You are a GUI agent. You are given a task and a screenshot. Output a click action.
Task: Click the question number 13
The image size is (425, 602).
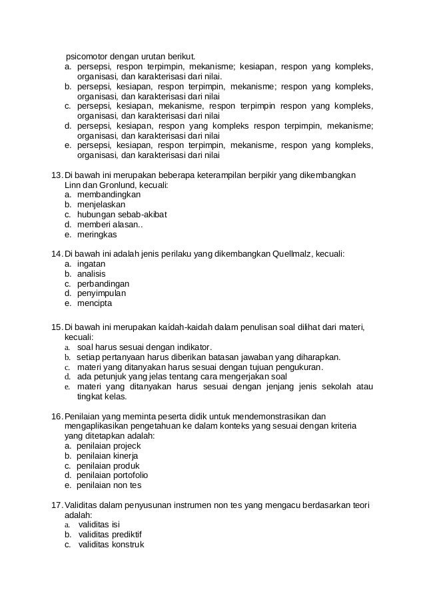tap(57, 175)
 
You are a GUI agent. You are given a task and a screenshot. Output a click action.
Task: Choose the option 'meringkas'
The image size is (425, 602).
tap(97, 235)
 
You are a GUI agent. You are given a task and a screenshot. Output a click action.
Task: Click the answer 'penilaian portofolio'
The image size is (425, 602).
tap(113, 475)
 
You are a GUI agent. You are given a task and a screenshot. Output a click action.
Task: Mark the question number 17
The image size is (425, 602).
tap(57, 505)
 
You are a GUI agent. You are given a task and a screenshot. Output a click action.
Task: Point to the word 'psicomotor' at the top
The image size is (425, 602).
tap(87, 55)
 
